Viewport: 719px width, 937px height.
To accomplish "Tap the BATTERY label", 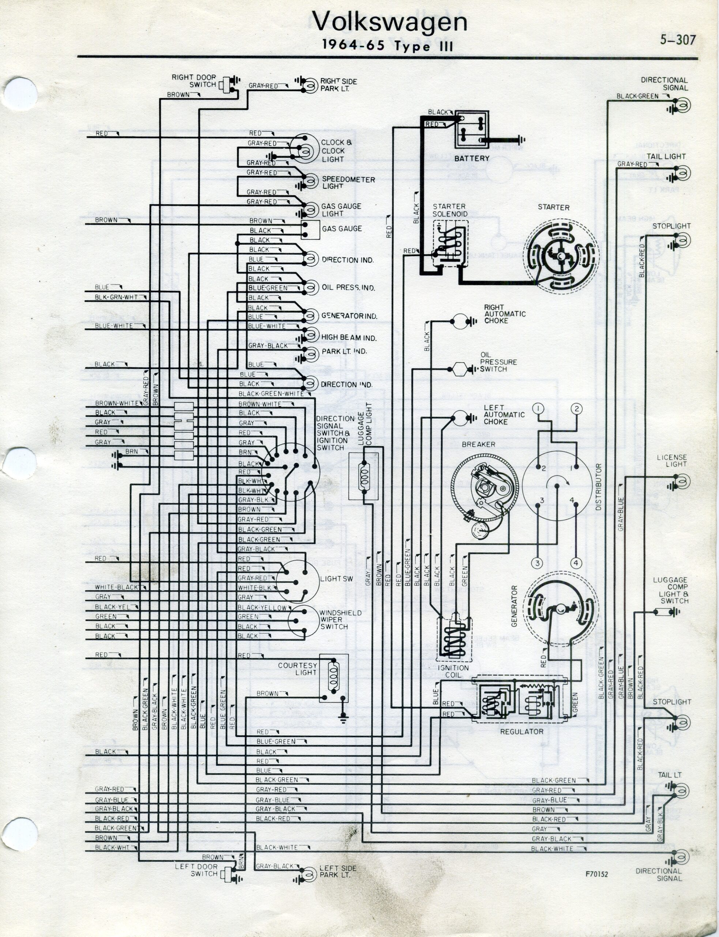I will pyautogui.click(x=472, y=158).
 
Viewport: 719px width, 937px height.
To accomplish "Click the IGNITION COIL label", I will pyautogui.click(x=453, y=671).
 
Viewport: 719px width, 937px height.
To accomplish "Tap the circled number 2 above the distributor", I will pyautogui.click(x=576, y=408).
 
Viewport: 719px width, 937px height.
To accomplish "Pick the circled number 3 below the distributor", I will pyautogui.click(x=538, y=563).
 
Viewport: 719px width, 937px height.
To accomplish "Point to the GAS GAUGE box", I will pyautogui.click(x=310, y=229).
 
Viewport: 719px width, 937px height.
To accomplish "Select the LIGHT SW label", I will pyautogui.click(x=336, y=579).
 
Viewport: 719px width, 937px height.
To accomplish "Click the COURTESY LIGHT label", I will pyautogui.click(x=297, y=669).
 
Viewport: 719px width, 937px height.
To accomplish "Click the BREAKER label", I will pyautogui.click(x=478, y=444).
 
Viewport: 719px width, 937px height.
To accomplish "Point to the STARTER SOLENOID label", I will pyautogui.click(x=449, y=210).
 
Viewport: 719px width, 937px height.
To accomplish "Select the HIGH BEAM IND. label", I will pyautogui.click(x=349, y=338).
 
